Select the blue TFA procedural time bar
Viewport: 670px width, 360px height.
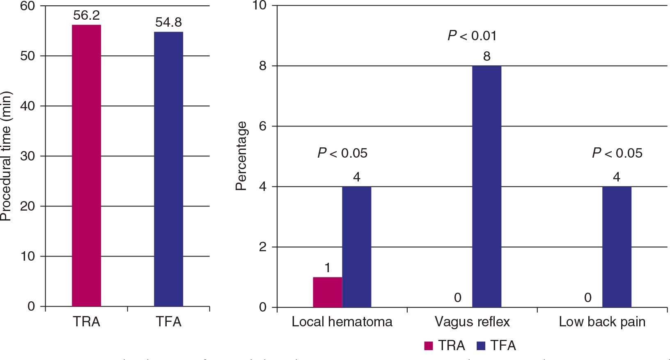pyautogui.click(x=168, y=169)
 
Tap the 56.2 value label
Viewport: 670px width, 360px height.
pyautogui.click(x=86, y=16)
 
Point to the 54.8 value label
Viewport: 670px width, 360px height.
pyautogui.click(x=168, y=23)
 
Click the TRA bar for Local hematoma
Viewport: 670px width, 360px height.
pyautogui.click(x=327, y=292)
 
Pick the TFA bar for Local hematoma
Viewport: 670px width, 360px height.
pyautogui.click(x=356, y=247)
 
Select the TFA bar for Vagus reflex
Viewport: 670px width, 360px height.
pyautogui.click(x=486, y=186)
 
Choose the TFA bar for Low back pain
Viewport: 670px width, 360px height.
pyautogui.click(x=617, y=247)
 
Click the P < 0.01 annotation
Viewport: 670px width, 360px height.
pyautogui.click(x=472, y=36)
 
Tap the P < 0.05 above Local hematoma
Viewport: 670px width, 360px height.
pyautogui.click(x=342, y=154)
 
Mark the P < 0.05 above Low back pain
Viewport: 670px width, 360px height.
pyautogui.click(x=617, y=154)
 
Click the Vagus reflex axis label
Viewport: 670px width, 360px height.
pyautogui.click(x=472, y=322)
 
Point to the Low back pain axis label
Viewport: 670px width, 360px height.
pyautogui.click(x=602, y=322)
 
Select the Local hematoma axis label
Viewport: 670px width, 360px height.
pyautogui.click(x=342, y=322)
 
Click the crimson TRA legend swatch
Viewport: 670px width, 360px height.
pyautogui.click(x=429, y=346)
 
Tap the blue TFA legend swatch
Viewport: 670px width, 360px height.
pyautogui.click(x=481, y=346)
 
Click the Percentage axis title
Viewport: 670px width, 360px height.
pyautogui.click(x=241, y=156)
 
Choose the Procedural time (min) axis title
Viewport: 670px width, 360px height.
pyautogui.click(x=6, y=156)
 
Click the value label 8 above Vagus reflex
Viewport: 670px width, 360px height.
pyautogui.click(x=486, y=56)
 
